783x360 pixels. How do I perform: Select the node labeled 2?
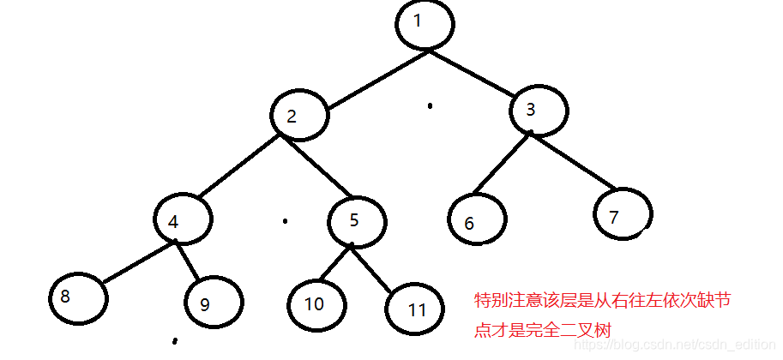(300, 116)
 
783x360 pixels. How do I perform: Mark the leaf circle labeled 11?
(416, 308)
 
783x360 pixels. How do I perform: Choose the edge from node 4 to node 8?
(137, 262)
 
